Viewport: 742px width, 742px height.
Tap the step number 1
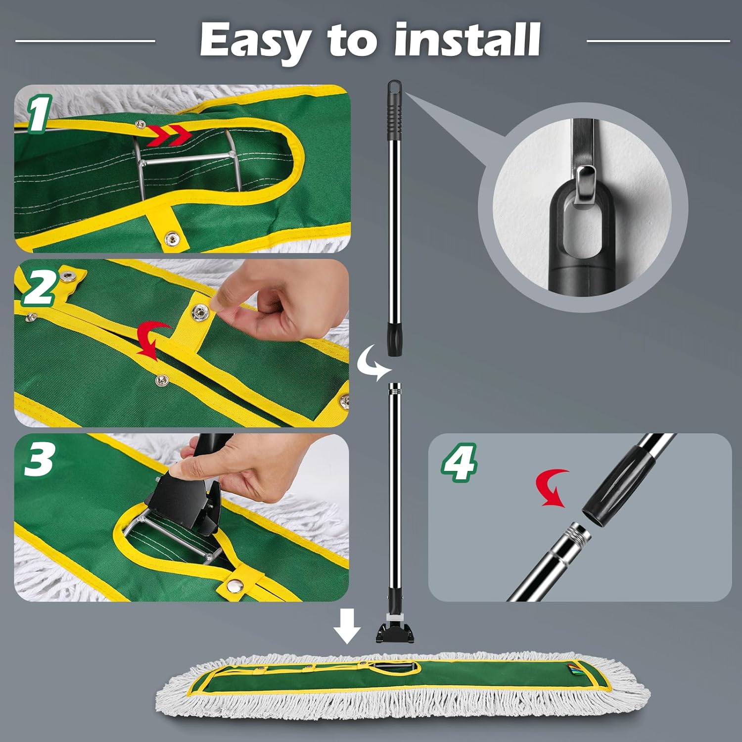point(40,114)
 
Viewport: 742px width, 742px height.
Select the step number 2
point(40,288)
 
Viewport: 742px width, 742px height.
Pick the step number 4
point(460,463)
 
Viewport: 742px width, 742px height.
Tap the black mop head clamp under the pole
point(395,630)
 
